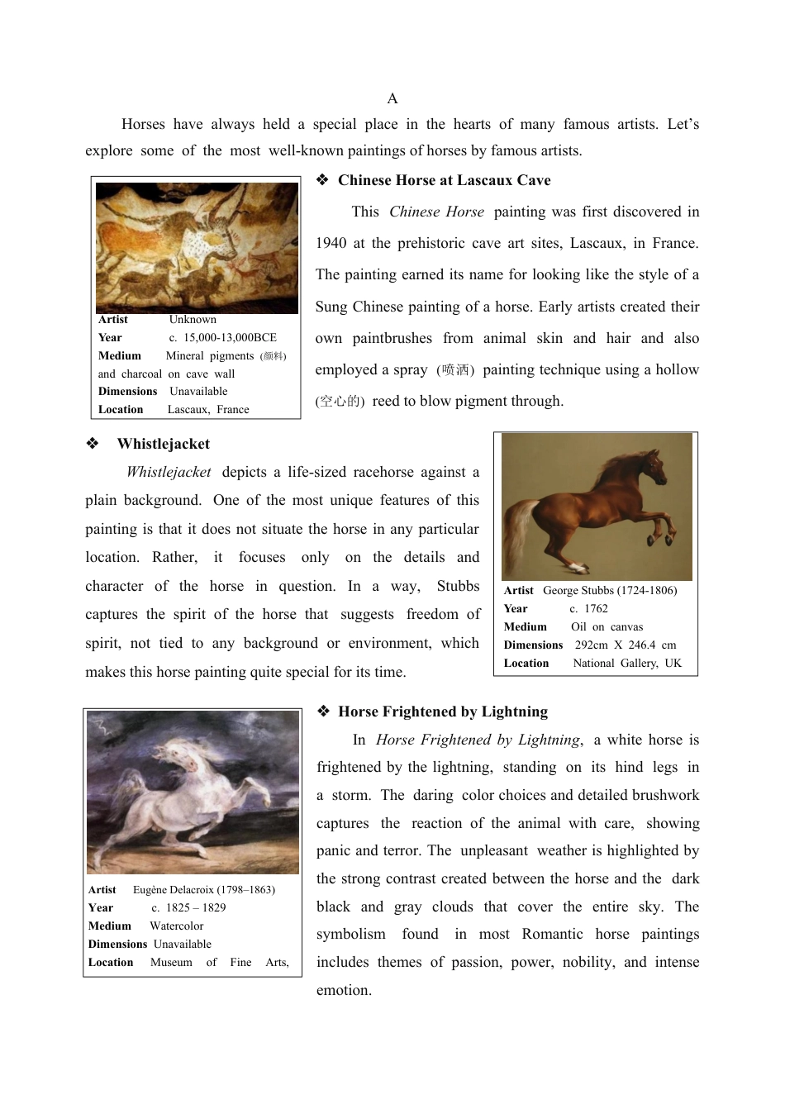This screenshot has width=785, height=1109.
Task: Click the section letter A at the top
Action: point(392,99)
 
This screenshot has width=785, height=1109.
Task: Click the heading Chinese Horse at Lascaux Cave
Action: point(444,180)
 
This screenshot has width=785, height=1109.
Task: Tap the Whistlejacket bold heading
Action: point(164,444)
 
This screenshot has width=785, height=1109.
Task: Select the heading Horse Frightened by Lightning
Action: point(442,712)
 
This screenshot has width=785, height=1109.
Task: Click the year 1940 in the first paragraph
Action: point(331,243)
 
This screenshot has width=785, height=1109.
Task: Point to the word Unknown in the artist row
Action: point(193,320)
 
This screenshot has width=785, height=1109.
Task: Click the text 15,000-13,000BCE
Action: point(230,338)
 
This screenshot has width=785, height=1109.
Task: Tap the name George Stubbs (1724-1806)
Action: point(609,591)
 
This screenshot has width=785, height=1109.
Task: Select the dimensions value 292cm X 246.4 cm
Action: point(626,645)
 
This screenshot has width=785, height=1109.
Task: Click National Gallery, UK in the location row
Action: point(627,664)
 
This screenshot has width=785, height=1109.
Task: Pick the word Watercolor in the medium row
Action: point(176,926)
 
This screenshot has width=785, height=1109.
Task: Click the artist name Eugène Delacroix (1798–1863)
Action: point(203,890)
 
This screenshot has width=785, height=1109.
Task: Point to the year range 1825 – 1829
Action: point(195,908)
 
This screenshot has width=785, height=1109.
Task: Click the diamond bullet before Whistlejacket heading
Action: point(93,444)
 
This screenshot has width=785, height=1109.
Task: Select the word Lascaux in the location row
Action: point(188,410)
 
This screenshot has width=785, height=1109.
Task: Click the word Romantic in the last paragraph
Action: point(552,935)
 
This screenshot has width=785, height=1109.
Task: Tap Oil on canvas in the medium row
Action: point(607,627)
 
